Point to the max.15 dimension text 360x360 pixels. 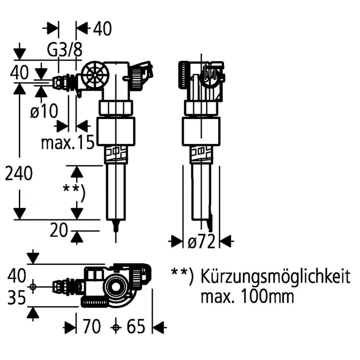pyautogui.click(x=68, y=142)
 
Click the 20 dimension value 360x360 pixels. pyautogui.click(x=59, y=230)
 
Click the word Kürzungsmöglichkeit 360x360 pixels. pyautogui.click(x=275, y=277)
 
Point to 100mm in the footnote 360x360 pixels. pyautogui.click(x=265, y=296)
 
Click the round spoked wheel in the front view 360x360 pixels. pyautogui.click(x=96, y=76)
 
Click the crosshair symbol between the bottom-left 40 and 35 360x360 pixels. pyautogui.click(x=33, y=286)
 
